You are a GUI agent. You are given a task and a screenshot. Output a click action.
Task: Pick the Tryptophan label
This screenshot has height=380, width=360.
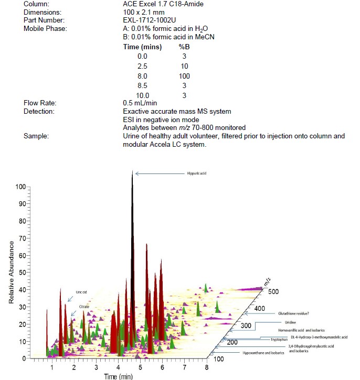pos(279,339)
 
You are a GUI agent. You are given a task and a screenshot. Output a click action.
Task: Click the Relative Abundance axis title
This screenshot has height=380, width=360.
pos(10,273)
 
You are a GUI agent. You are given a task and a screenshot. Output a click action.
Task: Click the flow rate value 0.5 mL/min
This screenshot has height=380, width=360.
pos(140,103)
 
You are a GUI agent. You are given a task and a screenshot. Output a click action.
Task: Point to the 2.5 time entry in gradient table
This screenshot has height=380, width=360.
pos(128,66)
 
